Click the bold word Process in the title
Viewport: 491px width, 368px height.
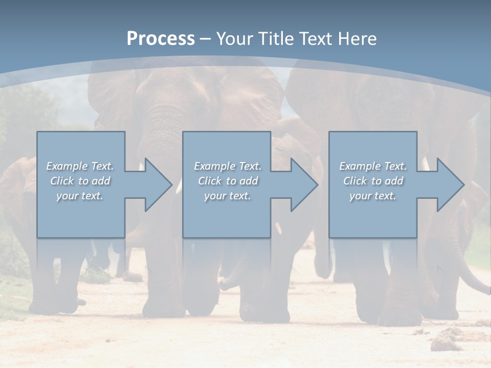tap(161, 38)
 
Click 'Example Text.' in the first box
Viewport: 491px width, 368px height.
tap(80, 166)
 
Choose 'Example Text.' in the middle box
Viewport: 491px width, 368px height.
tap(228, 166)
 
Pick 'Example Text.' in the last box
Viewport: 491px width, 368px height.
tap(373, 166)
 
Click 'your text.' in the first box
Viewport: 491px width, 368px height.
tap(80, 196)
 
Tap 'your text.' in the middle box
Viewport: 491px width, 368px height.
tap(227, 196)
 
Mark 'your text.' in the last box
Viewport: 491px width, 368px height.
tap(372, 196)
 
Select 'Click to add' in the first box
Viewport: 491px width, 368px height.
tap(80, 181)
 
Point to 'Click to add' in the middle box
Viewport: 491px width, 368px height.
tap(228, 181)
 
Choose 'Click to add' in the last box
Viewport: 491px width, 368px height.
tap(373, 181)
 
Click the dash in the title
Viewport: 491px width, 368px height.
tap(205, 39)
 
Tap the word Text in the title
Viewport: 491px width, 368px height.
tap(314, 38)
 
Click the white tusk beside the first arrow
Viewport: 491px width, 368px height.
tap(179, 187)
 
